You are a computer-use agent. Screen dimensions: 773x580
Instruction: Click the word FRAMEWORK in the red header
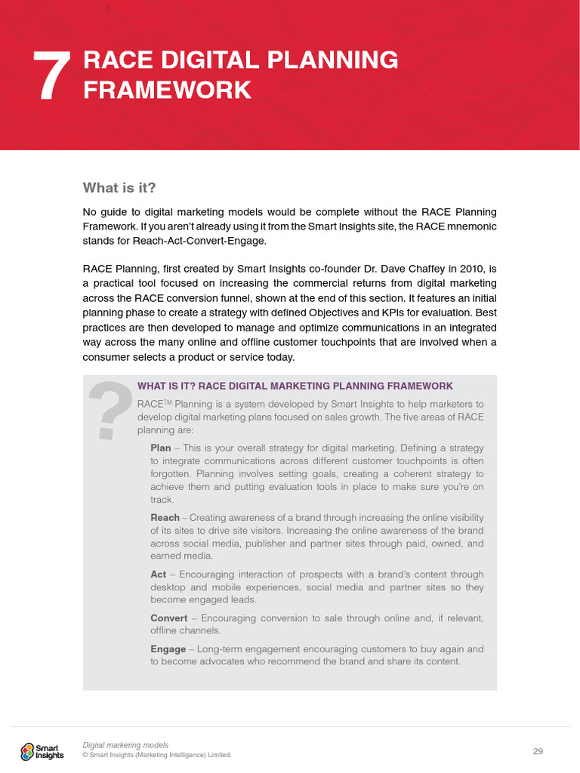pos(167,90)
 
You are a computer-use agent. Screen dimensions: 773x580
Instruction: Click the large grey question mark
pos(110,411)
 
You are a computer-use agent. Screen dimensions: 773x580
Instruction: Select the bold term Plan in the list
pos(160,448)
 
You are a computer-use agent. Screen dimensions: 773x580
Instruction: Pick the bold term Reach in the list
pos(165,517)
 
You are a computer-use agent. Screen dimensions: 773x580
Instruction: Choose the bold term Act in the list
pos(158,574)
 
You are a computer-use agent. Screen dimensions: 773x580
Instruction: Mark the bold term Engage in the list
pos(168,649)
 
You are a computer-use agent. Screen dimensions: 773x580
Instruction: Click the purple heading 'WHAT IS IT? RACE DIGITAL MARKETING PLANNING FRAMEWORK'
pos(295,386)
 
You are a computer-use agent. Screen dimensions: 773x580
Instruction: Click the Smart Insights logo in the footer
pos(42,750)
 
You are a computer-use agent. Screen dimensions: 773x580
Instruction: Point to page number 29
pos(538,750)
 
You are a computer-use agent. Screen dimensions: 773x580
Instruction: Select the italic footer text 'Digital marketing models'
pos(125,745)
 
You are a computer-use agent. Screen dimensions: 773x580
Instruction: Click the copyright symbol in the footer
pos(85,755)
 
